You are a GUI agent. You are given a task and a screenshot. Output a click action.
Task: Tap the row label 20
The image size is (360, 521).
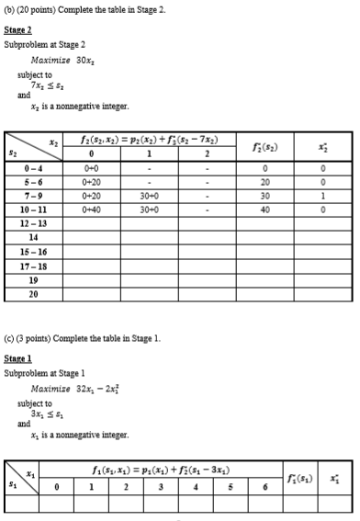pyautogui.click(x=34, y=295)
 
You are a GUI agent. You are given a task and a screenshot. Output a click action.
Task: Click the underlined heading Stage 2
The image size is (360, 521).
pyautogui.click(x=17, y=29)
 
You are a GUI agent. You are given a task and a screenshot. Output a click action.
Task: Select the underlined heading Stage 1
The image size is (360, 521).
pyautogui.click(x=17, y=358)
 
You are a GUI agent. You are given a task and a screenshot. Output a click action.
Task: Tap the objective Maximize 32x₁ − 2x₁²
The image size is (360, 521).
pyautogui.click(x=73, y=389)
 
